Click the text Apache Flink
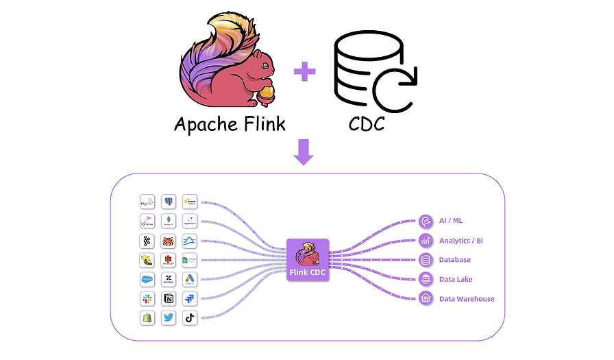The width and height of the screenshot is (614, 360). (x=230, y=125)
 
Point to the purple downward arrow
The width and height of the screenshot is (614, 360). (x=304, y=152)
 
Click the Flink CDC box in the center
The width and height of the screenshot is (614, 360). (x=308, y=260)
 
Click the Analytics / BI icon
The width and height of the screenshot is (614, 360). (x=426, y=241)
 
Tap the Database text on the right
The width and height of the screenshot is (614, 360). (x=455, y=260)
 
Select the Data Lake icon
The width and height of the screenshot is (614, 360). (x=426, y=279)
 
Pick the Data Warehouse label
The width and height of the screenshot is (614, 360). (x=467, y=299)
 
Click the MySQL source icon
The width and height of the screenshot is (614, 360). (x=147, y=202)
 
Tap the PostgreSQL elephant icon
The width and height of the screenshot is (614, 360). (x=169, y=202)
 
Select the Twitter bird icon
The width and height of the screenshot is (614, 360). (x=169, y=318)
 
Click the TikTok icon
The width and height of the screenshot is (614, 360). (x=190, y=318)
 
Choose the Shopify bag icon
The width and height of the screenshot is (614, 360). (x=147, y=318)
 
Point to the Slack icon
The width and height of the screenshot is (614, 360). (x=147, y=299)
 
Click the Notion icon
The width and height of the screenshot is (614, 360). (x=169, y=299)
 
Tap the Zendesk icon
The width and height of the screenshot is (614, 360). (x=169, y=280)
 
